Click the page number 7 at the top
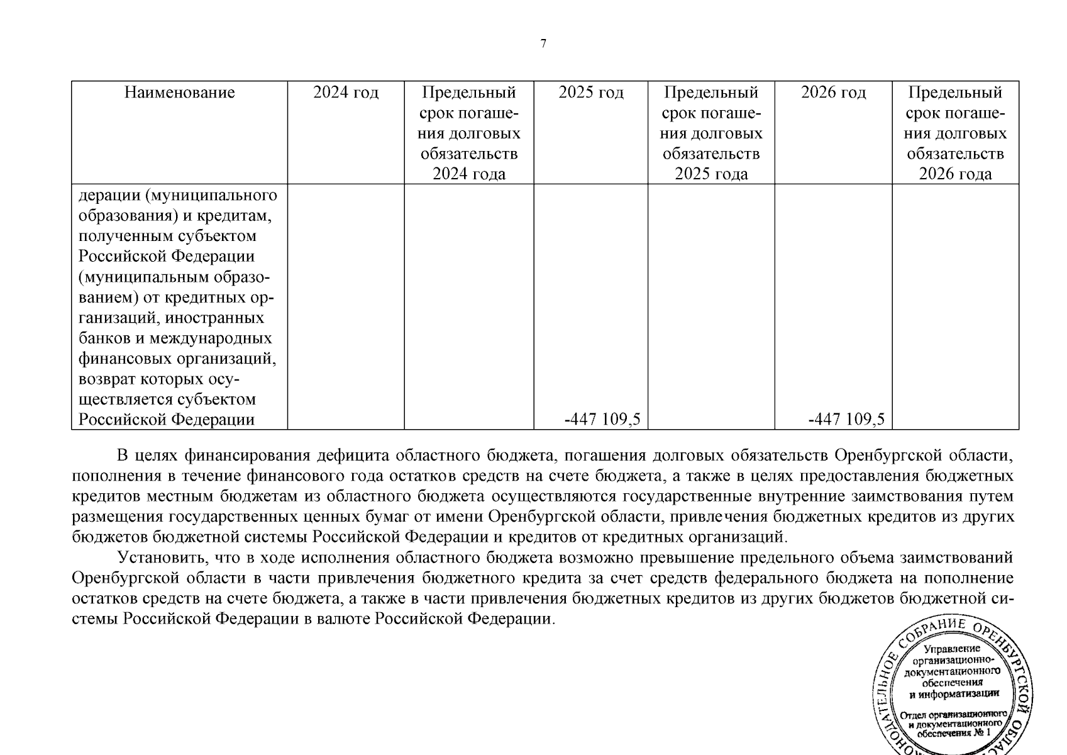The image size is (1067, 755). [543, 43]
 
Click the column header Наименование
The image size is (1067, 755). [179, 93]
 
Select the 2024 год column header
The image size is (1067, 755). [346, 93]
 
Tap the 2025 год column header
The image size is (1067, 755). [591, 93]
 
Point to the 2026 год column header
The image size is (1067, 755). [833, 93]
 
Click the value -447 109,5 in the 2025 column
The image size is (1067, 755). [602, 420]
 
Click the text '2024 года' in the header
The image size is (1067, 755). [469, 174]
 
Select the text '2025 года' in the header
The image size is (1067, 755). [711, 174]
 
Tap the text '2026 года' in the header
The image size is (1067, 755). [955, 174]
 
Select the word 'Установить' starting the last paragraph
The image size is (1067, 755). [162, 558]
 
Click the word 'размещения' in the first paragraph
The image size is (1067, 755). [117, 517]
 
